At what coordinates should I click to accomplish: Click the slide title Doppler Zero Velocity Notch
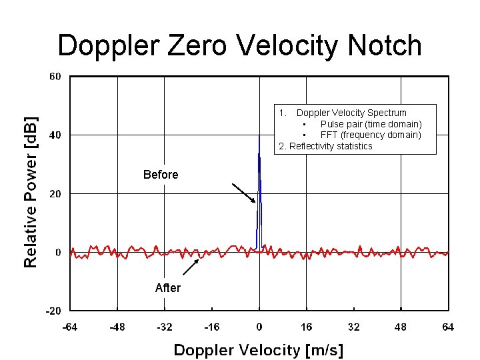[x=240, y=45]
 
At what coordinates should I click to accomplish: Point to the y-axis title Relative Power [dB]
[x=31, y=192]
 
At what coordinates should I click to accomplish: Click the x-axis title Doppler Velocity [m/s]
[x=259, y=349]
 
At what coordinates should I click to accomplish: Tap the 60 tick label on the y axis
[x=55, y=77]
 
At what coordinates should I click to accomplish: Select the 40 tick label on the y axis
[x=55, y=135]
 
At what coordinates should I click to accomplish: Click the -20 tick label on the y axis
[x=53, y=311]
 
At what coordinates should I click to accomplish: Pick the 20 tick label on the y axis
[x=55, y=194]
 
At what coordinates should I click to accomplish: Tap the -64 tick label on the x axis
[x=69, y=327]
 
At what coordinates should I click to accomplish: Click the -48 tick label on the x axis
[x=117, y=327]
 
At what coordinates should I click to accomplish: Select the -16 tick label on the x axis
[x=211, y=327]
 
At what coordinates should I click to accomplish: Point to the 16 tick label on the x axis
[x=307, y=327]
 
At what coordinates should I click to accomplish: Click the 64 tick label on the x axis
[x=448, y=327]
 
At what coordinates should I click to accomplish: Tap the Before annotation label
[x=161, y=175]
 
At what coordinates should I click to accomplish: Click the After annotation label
[x=167, y=288]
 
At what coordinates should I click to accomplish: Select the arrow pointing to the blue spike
[x=243, y=193]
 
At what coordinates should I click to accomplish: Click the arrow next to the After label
[x=191, y=267]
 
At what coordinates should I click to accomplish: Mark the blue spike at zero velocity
[x=259, y=193]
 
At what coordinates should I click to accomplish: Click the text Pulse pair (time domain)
[x=371, y=124]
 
